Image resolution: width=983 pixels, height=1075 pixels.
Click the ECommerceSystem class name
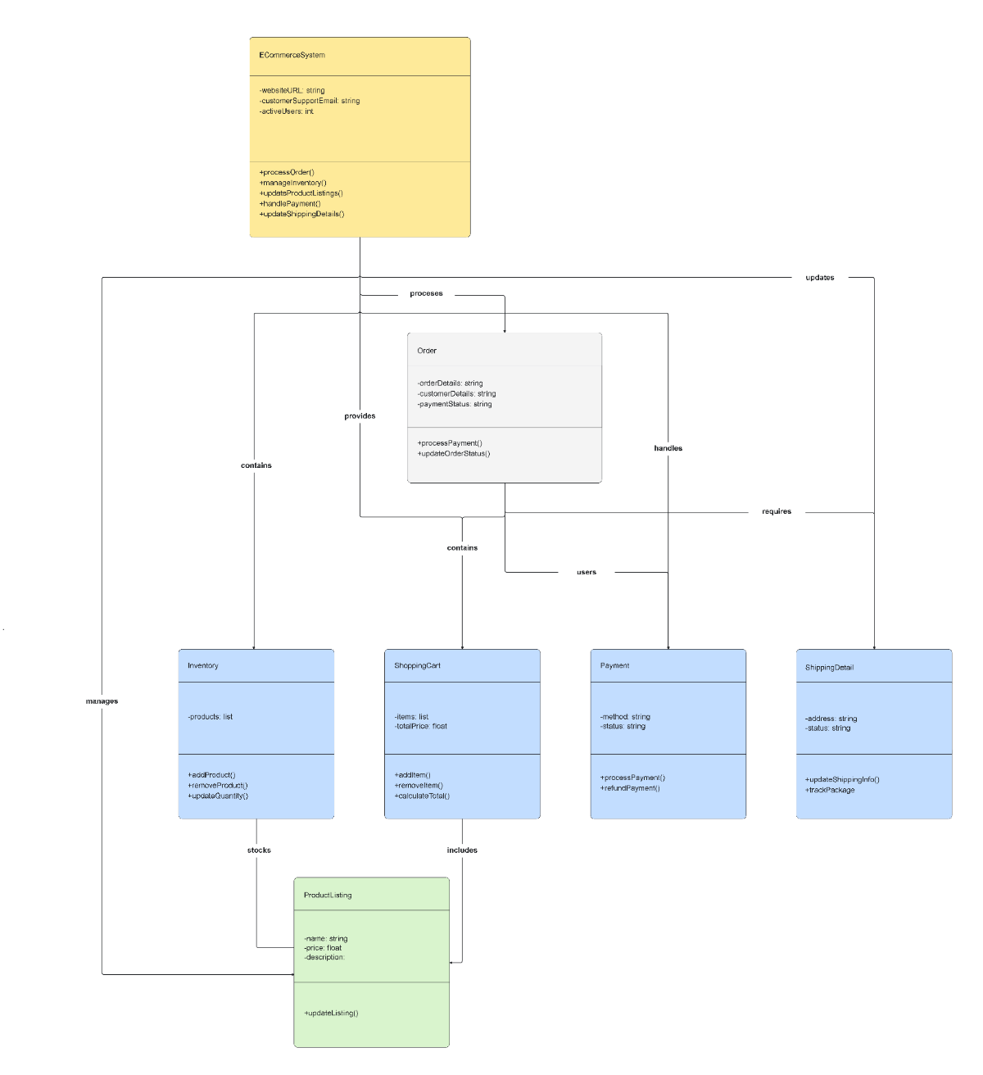[292, 56]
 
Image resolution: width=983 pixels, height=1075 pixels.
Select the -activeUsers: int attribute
[287, 111]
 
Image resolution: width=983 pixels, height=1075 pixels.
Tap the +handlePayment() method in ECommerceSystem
[290, 204]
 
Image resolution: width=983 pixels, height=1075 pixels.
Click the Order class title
[427, 351]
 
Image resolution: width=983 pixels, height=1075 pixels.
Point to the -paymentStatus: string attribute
[455, 404]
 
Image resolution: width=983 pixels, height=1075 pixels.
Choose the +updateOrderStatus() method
[454, 454]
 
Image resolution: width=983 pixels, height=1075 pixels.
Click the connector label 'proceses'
[426, 293]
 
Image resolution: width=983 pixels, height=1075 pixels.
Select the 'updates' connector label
[819, 278]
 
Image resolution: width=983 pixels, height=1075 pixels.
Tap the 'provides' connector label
[360, 416]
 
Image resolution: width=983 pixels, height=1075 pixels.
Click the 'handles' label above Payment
[668, 448]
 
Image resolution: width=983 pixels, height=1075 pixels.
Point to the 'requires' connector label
[777, 511]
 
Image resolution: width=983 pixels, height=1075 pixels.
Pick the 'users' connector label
[587, 572]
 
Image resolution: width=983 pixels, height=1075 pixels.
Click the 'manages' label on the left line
[102, 701]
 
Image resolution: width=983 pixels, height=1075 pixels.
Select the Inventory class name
[203, 666]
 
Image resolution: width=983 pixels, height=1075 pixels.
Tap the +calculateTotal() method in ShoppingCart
[422, 796]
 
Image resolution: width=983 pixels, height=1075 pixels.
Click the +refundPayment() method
[630, 788]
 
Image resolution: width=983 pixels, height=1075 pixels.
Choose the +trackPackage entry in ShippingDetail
[830, 790]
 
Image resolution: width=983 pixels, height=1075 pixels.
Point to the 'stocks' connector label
[259, 850]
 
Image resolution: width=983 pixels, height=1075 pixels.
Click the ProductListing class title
[328, 896]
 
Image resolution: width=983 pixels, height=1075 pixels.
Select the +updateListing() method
[331, 1014]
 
